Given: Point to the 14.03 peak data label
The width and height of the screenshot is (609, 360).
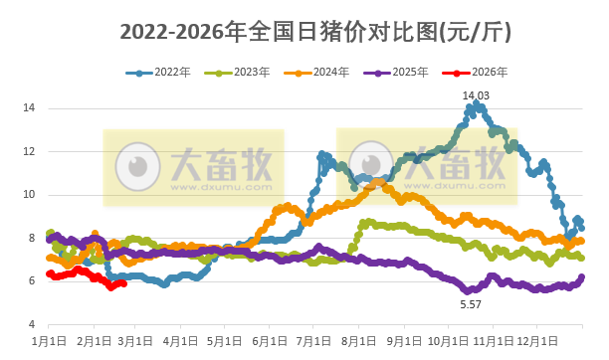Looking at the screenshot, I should pos(477,94).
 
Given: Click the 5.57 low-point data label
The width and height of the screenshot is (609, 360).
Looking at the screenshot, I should pos(471,303).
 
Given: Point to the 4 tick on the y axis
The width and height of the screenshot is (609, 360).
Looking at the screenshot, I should pos(34,325).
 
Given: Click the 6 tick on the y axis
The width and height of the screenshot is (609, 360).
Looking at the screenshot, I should pos(34,281).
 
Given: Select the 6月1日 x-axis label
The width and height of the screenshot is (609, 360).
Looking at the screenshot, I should pos(268,342).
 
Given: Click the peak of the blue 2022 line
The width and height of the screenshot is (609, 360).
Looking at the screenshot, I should pos(477,103).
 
